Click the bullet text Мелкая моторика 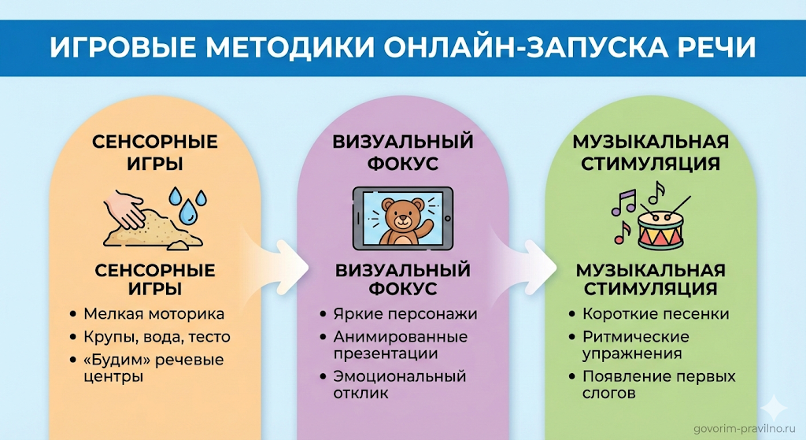point(153,314)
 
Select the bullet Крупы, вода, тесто point(157,336)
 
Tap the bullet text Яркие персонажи point(406,314)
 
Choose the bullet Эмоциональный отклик point(400,384)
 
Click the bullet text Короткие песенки point(656,314)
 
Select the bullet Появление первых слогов point(659,384)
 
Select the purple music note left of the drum point(625,202)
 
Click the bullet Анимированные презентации point(400,345)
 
